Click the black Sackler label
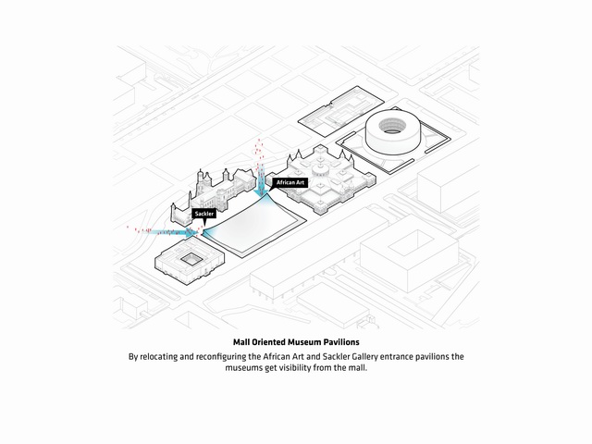204,214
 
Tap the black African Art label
290,183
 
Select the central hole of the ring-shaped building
392,126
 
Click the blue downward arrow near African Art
261,180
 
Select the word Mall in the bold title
240,342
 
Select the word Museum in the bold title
304,342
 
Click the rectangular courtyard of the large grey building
411,242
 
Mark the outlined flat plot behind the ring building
341,111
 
